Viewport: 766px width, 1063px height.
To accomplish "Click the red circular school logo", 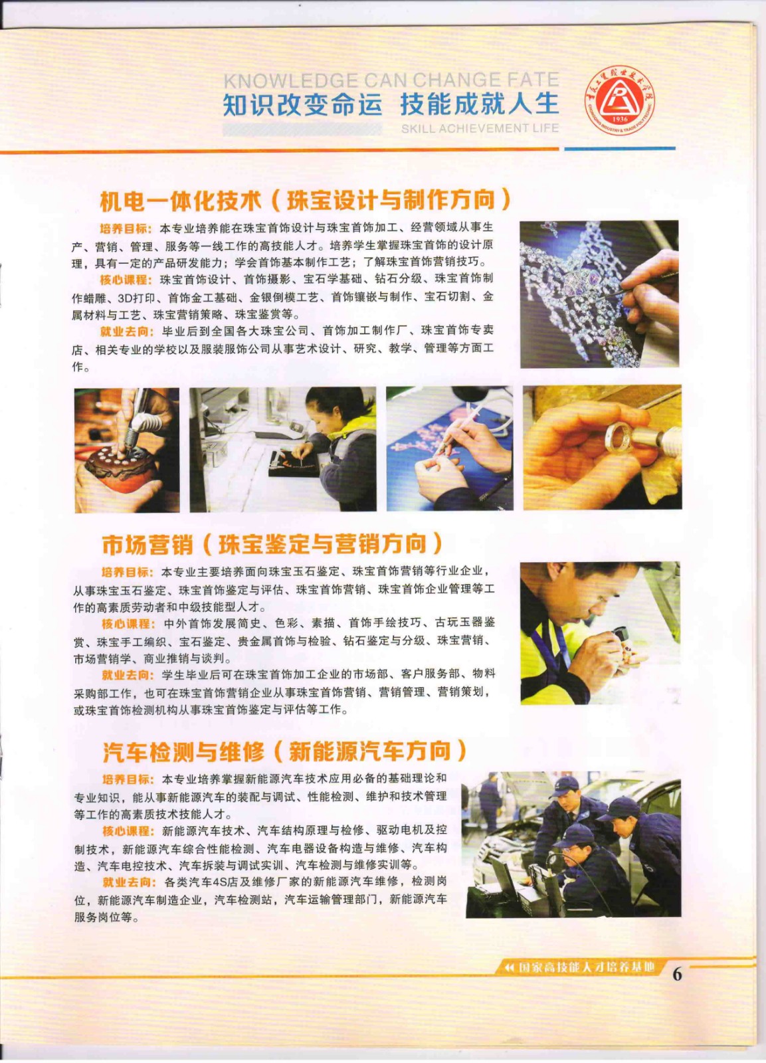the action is pos(619,100).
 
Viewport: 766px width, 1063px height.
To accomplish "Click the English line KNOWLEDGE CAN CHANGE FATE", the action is pos(391,80).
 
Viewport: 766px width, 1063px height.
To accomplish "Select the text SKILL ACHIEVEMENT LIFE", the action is pos(480,128).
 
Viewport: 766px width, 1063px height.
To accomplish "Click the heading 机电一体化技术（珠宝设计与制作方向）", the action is pos(305,201).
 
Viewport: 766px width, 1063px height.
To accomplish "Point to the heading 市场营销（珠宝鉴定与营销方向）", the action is pos(272,544).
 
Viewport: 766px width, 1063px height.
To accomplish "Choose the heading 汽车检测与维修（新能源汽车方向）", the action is pos(285,751).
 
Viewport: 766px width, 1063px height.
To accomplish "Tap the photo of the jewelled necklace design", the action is pos(599,294).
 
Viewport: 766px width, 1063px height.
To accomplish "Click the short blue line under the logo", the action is pos(620,149).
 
